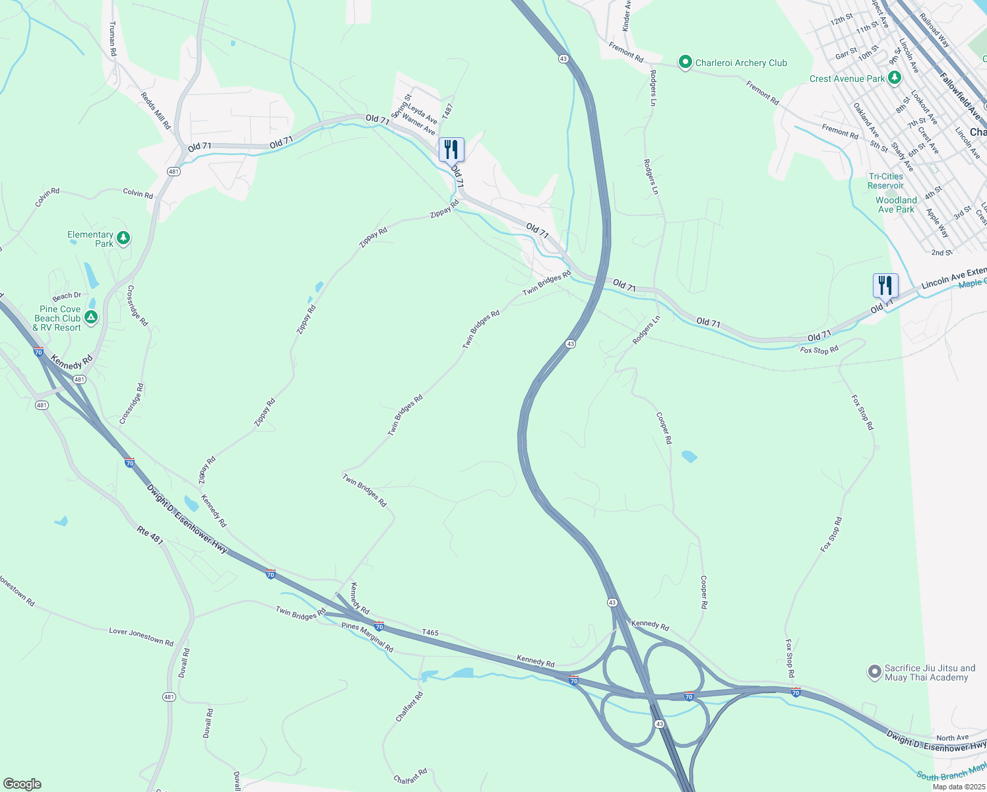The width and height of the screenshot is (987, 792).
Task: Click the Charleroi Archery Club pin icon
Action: coord(685,63)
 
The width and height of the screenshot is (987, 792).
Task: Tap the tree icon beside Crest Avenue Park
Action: coord(894,79)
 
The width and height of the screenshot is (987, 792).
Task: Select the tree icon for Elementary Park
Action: coord(123,238)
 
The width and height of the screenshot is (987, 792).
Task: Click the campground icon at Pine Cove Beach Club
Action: coord(91,317)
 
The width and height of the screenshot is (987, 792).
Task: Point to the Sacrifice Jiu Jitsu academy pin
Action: coord(874,673)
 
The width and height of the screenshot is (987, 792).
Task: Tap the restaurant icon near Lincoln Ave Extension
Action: coord(885,286)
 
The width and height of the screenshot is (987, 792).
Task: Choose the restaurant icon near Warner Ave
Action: coord(451,150)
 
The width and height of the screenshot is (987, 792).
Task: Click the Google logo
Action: coord(22,783)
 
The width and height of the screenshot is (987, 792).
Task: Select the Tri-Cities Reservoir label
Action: coord(885,181)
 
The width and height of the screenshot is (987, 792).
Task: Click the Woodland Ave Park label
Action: coord(896,205)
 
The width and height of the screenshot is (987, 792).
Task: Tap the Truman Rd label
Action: coord(113,38)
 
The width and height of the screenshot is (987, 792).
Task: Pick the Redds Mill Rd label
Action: coord(156,110)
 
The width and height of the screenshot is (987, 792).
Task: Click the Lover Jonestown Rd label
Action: coord(141,637)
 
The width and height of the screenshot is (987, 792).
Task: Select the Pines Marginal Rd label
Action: coord(367,638)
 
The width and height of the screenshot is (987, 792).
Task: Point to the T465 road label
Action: coord(430,632)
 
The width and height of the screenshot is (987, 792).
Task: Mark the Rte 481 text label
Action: coord(150,535)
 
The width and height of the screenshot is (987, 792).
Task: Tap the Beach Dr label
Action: coord(67,296)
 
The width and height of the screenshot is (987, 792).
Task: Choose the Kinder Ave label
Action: coord(627,16)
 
